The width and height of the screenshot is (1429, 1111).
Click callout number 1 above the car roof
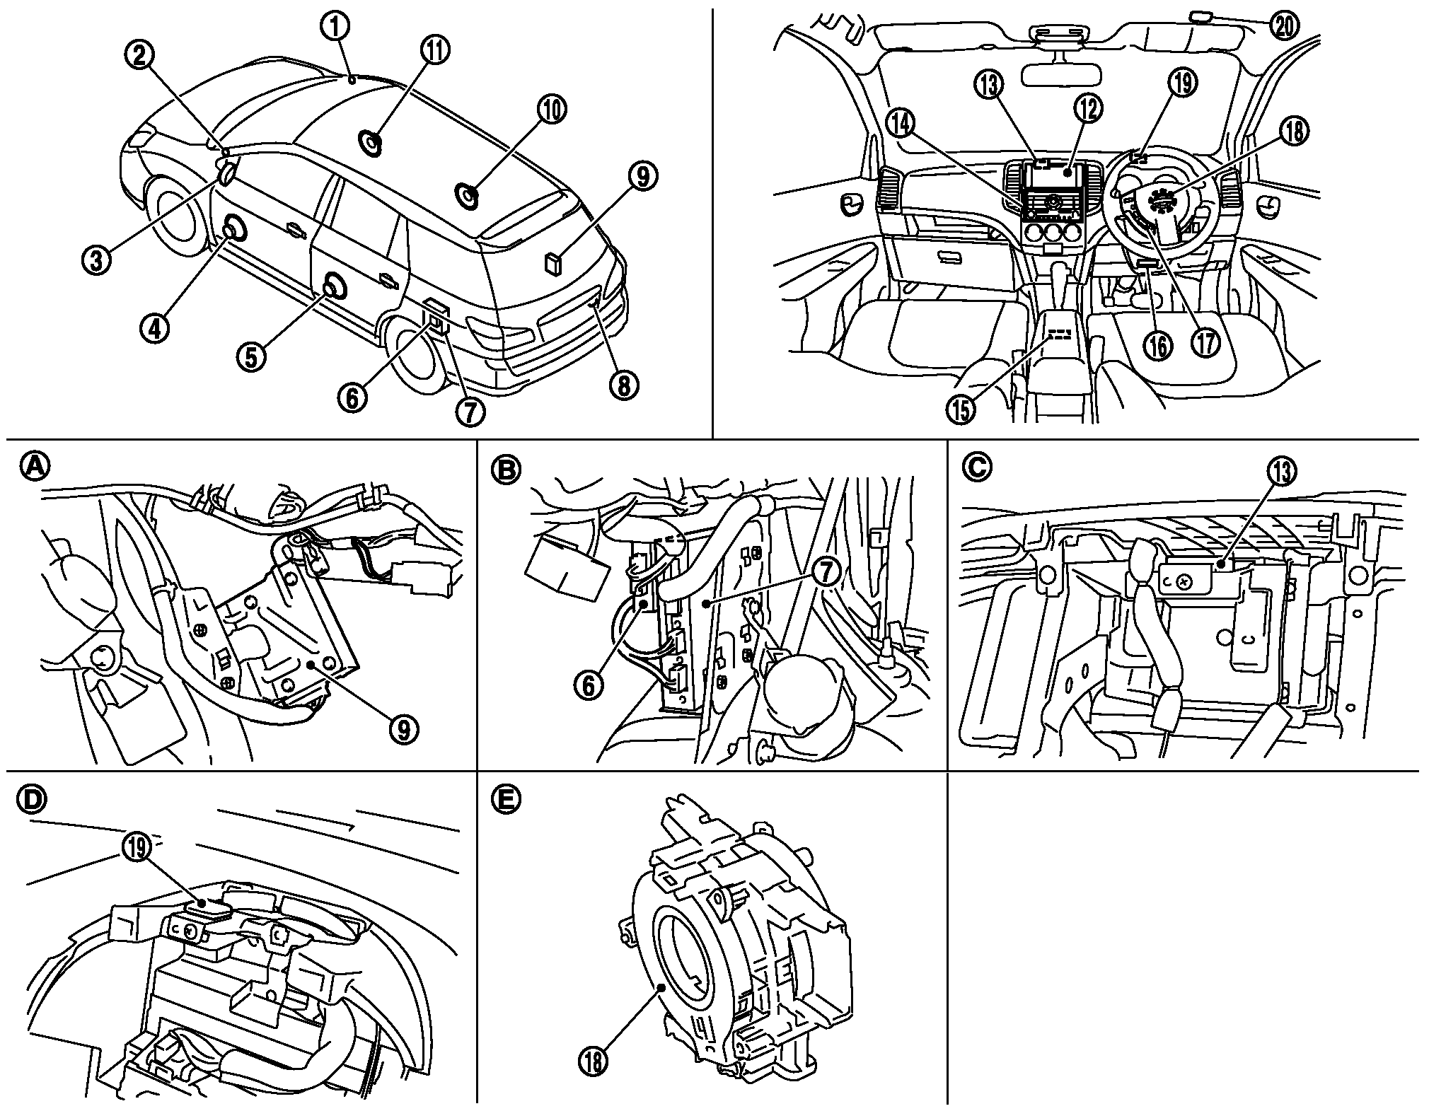click(337, 28)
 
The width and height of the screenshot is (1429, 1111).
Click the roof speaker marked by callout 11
click(371, 144)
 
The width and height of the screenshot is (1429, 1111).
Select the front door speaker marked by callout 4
click(234, 230)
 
